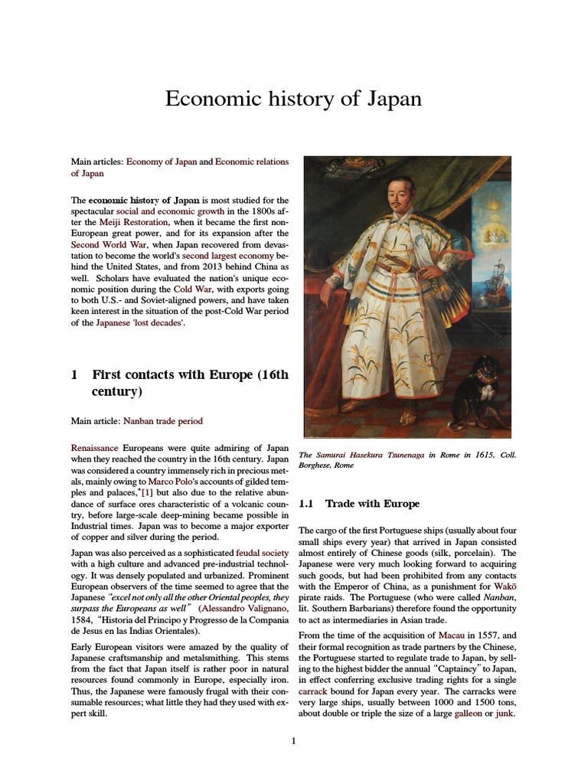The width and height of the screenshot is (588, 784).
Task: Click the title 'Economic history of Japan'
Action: pyautogui.click(x=293, y=100)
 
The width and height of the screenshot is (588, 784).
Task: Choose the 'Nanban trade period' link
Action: pyautogui.click(x=162, y=421)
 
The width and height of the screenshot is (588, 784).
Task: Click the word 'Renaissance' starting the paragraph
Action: pyautogui.click(x=94, y=447)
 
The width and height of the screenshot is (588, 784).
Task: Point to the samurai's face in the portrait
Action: pyautogui.click(x=401, y=195)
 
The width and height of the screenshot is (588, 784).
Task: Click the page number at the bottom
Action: pyautogui.click(x=294, y=740)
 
